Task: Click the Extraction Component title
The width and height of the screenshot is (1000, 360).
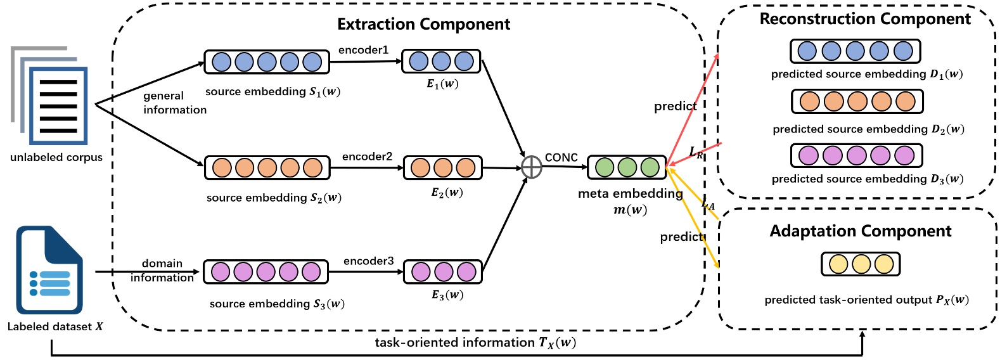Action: [423, 24]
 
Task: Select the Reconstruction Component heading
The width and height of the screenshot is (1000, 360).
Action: [864, 19]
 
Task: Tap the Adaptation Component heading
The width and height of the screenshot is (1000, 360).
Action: [860, 231]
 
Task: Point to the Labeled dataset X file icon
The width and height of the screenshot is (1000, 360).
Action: [49, 271]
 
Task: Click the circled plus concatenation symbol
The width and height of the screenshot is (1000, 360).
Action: [531, 167]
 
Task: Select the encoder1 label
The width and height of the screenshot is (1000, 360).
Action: [363, 50]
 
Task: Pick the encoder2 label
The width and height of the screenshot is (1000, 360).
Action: [367, 157]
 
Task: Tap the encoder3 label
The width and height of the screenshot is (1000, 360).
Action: [368, 261]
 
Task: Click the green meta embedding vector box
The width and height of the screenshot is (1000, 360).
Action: [627, 167]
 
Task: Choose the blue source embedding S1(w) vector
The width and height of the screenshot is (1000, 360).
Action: [267, 62]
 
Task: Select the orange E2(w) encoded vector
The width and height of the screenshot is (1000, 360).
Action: [443, 168]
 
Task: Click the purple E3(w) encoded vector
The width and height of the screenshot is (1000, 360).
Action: [443, 272]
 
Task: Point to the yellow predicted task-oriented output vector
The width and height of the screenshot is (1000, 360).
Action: [861, 264]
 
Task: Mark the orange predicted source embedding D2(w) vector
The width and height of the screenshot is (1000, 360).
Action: [857, 101]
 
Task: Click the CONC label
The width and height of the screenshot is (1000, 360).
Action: [561, 158]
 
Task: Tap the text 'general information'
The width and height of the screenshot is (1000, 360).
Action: [174, 103]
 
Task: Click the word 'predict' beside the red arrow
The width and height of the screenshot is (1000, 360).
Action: [675, 106]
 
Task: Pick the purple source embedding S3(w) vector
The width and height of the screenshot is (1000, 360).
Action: [266, 272]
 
